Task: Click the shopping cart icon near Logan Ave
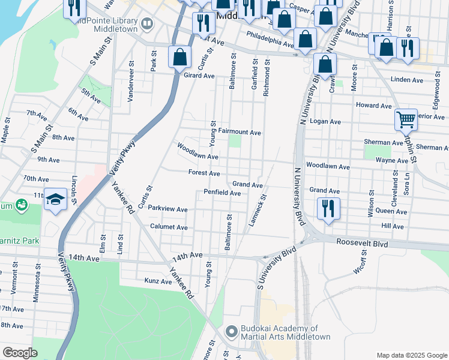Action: point(406,119)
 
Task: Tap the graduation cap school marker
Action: point(55,200)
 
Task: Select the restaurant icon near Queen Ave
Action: point(328,208)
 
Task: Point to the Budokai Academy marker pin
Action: point(232,331)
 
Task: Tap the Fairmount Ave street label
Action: point(239,131)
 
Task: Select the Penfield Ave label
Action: point(221,193)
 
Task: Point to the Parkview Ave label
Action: point(168,209)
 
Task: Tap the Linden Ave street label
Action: point(406,79)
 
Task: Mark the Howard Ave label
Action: point(373,105)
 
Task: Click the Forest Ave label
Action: point(203,173)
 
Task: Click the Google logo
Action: point(20,353)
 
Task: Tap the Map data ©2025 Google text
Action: point(411,355)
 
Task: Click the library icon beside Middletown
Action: point(148,23)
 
